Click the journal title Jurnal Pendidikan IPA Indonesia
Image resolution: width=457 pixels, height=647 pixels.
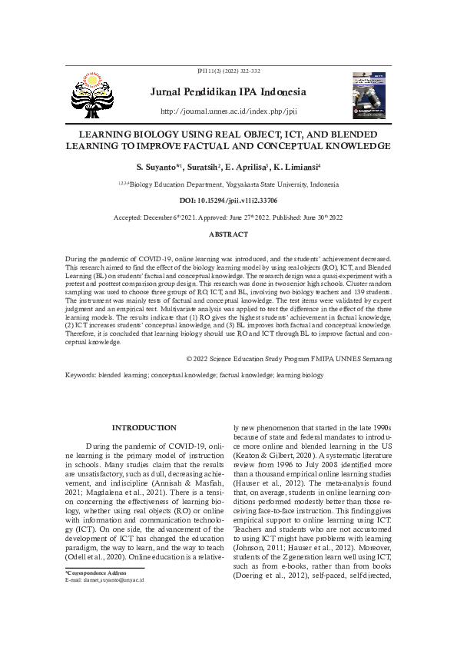coord(228,93)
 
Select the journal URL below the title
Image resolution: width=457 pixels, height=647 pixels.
coord(228,111)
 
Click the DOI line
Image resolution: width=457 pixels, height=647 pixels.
coord(228,200)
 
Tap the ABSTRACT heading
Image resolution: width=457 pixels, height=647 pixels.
coord(228,234)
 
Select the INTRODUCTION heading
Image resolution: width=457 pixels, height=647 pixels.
coord(144,427)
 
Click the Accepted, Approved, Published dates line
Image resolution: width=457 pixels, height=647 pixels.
coord(228,217)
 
